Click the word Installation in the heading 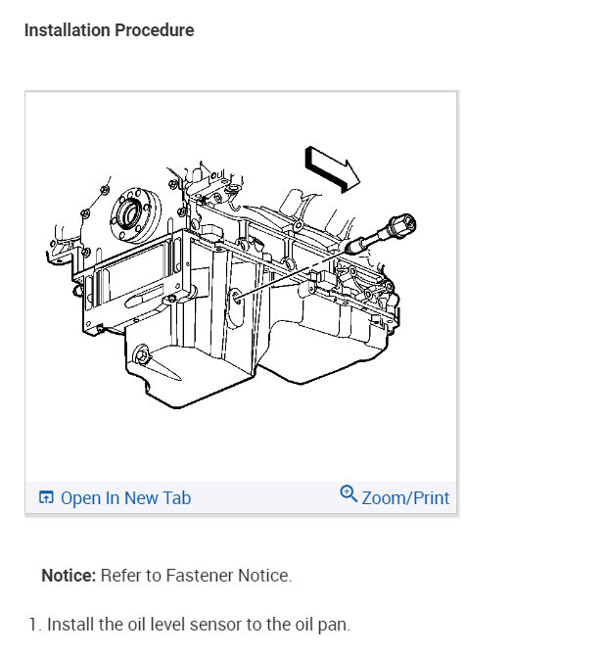(67, 30)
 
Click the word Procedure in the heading (155, 30)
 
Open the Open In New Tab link (125, 498)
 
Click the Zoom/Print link (405, 498)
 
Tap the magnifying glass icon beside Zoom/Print (349, 494)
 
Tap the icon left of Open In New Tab (46, 497)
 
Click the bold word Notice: (69, 576)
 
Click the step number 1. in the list (35, 625)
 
